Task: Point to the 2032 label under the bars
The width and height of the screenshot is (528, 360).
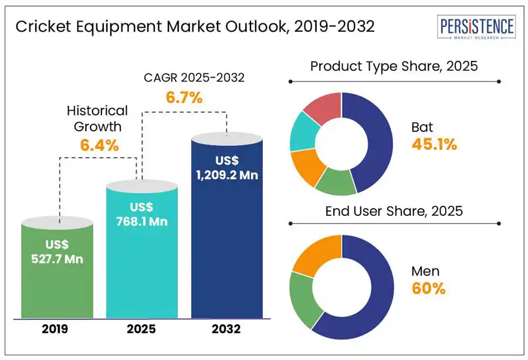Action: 227,330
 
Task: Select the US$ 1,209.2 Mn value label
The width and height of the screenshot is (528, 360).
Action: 228,167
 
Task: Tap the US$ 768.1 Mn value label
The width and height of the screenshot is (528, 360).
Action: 141,215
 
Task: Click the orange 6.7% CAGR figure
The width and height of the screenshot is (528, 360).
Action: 184,98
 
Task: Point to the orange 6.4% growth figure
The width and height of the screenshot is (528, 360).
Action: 100,145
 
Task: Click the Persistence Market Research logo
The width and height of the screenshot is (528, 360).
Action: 477,29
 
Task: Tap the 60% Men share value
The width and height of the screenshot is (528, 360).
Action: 429,288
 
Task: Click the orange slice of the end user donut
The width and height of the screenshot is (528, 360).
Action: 315,256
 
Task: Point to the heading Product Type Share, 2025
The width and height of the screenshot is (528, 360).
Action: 394,66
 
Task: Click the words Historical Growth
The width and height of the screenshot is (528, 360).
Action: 97,118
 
